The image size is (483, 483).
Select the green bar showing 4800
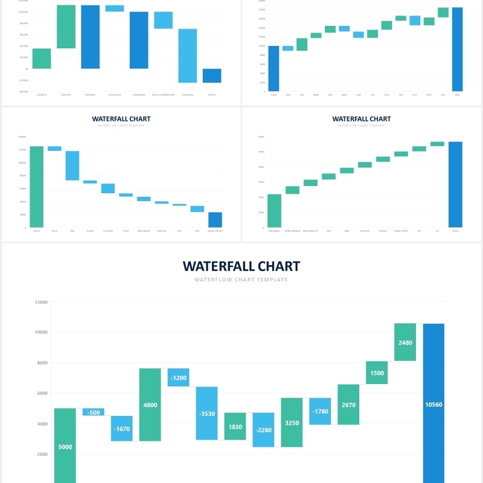coord(150,405)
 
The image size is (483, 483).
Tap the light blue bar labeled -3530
coord(206,414)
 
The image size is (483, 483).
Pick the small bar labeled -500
coord(93,412)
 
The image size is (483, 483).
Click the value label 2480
coord(405,342)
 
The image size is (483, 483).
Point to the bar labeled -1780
coord(320,411)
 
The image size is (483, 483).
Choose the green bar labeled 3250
coord(292,422)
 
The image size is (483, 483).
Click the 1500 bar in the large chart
coord(377,373)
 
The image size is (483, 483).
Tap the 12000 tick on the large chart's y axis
coord(41,302)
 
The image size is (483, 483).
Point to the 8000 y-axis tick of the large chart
coord(41,363)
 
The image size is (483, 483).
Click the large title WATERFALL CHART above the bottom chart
coord(241,266)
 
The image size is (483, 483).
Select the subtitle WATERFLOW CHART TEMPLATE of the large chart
coord(241,280)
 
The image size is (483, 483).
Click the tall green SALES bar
coord(37,187)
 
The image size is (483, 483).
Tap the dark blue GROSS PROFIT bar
coord(215,220)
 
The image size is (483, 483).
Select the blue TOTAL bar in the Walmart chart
coord(455,184)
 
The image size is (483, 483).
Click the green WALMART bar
coord(274,211)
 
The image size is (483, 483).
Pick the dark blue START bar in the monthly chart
coord(273,68)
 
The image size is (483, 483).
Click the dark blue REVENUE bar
coord(90,37)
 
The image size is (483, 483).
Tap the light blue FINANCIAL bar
coord(187,56)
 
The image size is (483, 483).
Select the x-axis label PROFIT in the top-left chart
coord(212,95)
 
